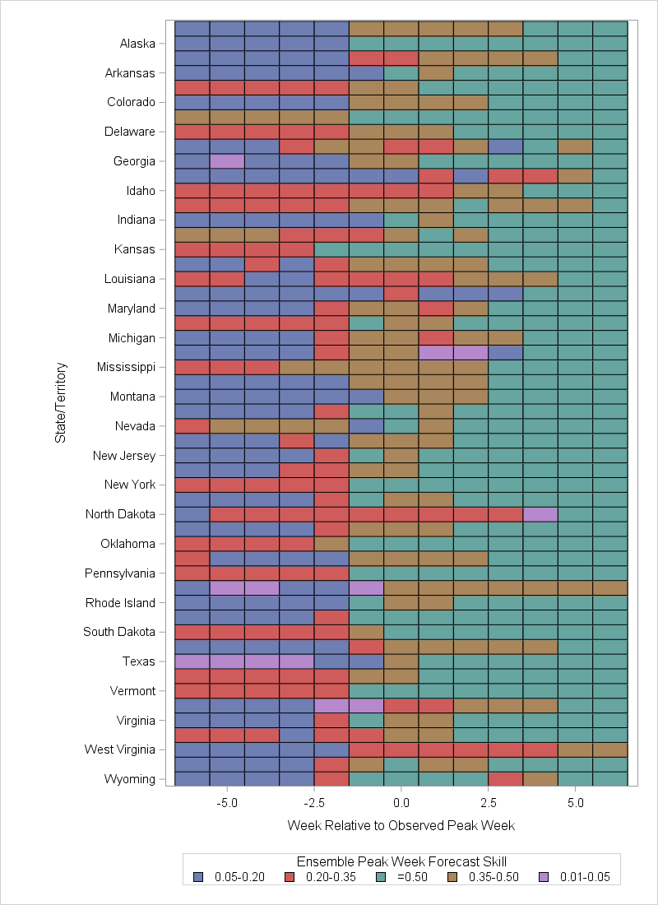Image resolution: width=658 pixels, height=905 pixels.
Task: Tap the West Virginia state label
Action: (x=120, y=750)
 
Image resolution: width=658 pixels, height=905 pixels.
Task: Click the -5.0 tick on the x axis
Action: (x=226, y=801)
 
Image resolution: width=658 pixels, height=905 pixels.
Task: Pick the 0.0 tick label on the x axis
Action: (x=401, y=801)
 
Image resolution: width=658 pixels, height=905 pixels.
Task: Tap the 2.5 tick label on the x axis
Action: (x=489, y=801)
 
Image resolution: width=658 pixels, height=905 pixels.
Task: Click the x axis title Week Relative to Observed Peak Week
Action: (x=401, y=824)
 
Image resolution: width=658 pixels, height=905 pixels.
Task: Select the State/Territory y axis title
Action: (x=60, y=403)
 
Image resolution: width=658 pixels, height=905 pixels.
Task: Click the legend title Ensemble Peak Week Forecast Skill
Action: (x=401, y=861)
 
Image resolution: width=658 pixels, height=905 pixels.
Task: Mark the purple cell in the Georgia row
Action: (x=227, y=161)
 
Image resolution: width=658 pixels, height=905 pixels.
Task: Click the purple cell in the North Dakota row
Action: (x=540, y=514)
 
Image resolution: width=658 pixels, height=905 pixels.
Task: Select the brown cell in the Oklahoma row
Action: (x=331, y=544)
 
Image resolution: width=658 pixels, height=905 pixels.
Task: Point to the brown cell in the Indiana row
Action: (x=436, y=220)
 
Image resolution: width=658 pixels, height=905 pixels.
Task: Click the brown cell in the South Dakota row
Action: (x=366, y=632)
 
